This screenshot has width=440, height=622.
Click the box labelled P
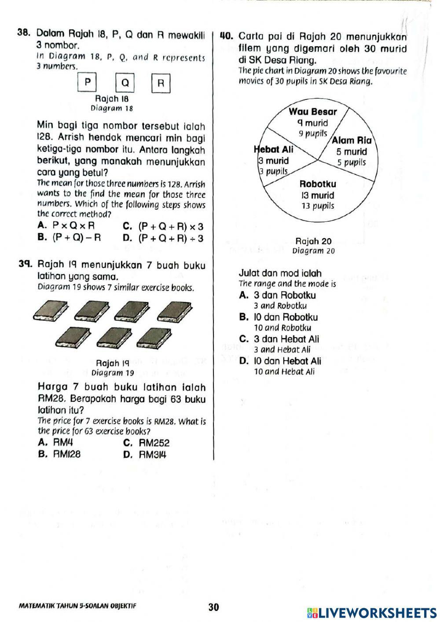pyautogui.click(x=87, y=82)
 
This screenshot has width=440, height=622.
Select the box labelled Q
pyautogui.click(x=125, y=83)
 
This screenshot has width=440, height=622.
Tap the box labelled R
pyautogui.click(x=161, y=83)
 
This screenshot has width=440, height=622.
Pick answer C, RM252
pyautogui.click(x=147, y=443)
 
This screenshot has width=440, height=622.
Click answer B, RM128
pyautogui.click(x=60, y=454)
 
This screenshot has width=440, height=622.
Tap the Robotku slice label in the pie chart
pyautogui.click(x=318, y=184)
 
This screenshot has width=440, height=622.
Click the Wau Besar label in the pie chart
pyautogui.click(x=312, y=112)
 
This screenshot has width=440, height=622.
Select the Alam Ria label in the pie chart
pyautogui.click(x=352, y=141)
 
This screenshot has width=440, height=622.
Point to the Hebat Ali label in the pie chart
pyautogui.click(x=274, y=150)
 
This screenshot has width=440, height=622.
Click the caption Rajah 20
pyautogui.click(x=313, y=241)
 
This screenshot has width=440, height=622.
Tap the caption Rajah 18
pyautogui.click(x=112, y=99)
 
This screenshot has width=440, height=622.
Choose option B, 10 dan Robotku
pyautogui.click(x=279, y=317)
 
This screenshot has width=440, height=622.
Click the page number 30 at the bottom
pyautogui.click(x=213, y=607)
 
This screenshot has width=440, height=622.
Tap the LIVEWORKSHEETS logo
pyautogui.click(x=372, y=613)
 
